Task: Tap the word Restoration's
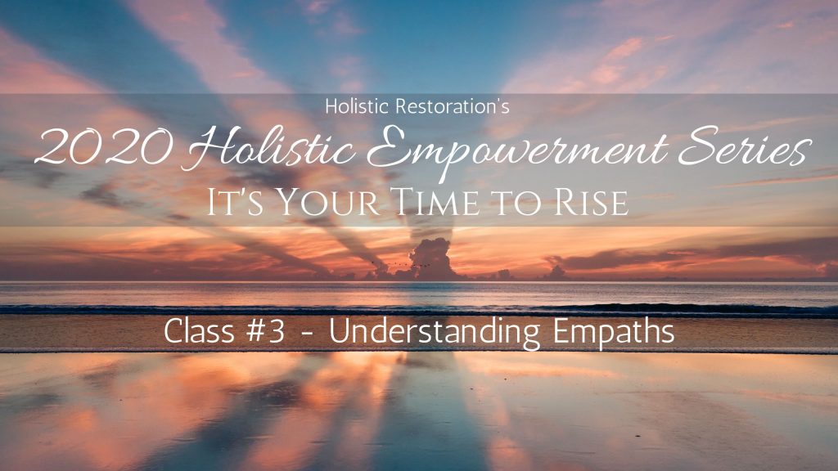coord(452,106)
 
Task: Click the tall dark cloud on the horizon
coord(430,258)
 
